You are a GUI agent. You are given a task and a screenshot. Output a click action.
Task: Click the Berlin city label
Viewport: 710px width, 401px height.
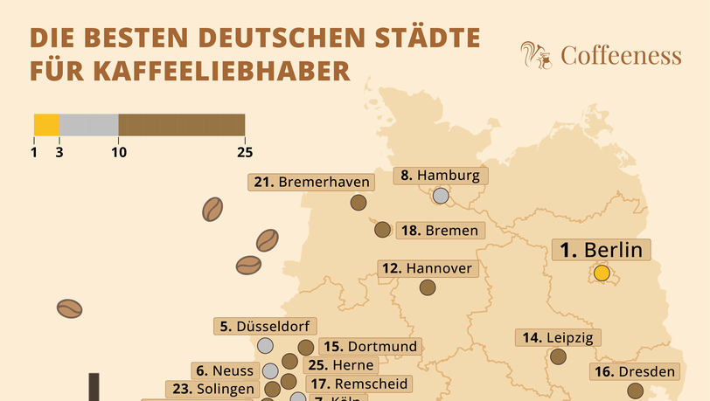pyautogui.click(x=602, y=251)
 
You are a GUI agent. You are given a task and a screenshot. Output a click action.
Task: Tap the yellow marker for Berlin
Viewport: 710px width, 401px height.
pyautogui.click(x=602, y=273)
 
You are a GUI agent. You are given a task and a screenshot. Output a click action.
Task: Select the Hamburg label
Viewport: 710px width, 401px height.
pyautogui.click(x=441, y=176)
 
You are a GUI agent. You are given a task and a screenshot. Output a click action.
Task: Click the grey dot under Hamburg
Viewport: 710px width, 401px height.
pyautogui.click(x=441, y=197)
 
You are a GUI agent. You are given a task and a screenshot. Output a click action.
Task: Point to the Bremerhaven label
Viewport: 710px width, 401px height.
pyautogui.click(x=312, y=182)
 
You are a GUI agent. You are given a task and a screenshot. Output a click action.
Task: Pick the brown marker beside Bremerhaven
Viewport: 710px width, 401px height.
pyautogui.click(x=358, y=203)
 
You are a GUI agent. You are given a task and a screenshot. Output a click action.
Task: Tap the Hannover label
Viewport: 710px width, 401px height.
pyautogui.click(x=428, y=268)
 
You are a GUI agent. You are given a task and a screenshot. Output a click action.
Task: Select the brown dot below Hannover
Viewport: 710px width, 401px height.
pyautogui.click(x=428, y=287)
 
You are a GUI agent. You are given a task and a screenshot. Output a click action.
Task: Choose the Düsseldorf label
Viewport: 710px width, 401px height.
pyautogui.click(x=263, y=327)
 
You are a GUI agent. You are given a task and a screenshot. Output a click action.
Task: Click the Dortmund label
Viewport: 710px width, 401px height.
pyautogui.click(x=368, y=347)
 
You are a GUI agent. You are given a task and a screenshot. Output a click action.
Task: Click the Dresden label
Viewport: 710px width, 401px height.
pyautogui.click(x=634, y=372)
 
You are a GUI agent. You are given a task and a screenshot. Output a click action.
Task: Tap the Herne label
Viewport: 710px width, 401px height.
pyautogui.click(x=342, y=365)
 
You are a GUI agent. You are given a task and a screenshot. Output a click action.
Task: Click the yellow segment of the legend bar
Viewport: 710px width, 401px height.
pyautogui.click(x=46, y=125)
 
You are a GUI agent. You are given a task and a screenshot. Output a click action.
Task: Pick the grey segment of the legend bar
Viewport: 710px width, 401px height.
pyautogui.click(x=88, y=125)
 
